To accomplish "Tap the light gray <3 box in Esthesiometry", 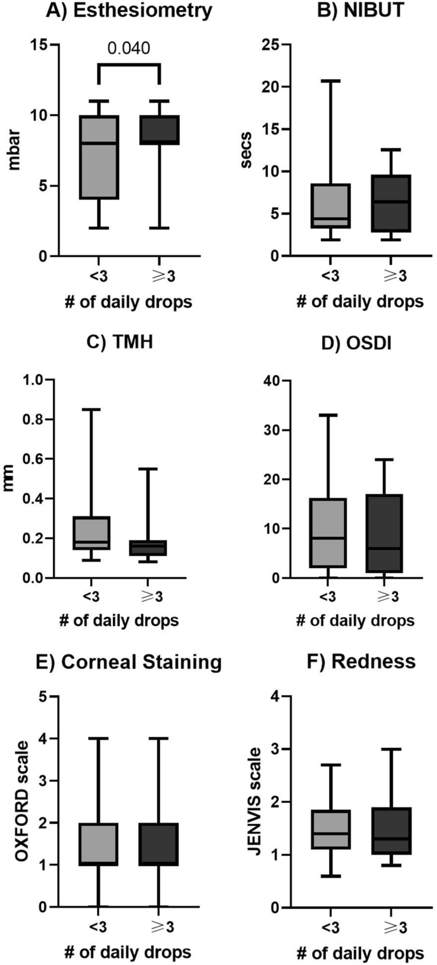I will (x=98, y=157).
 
